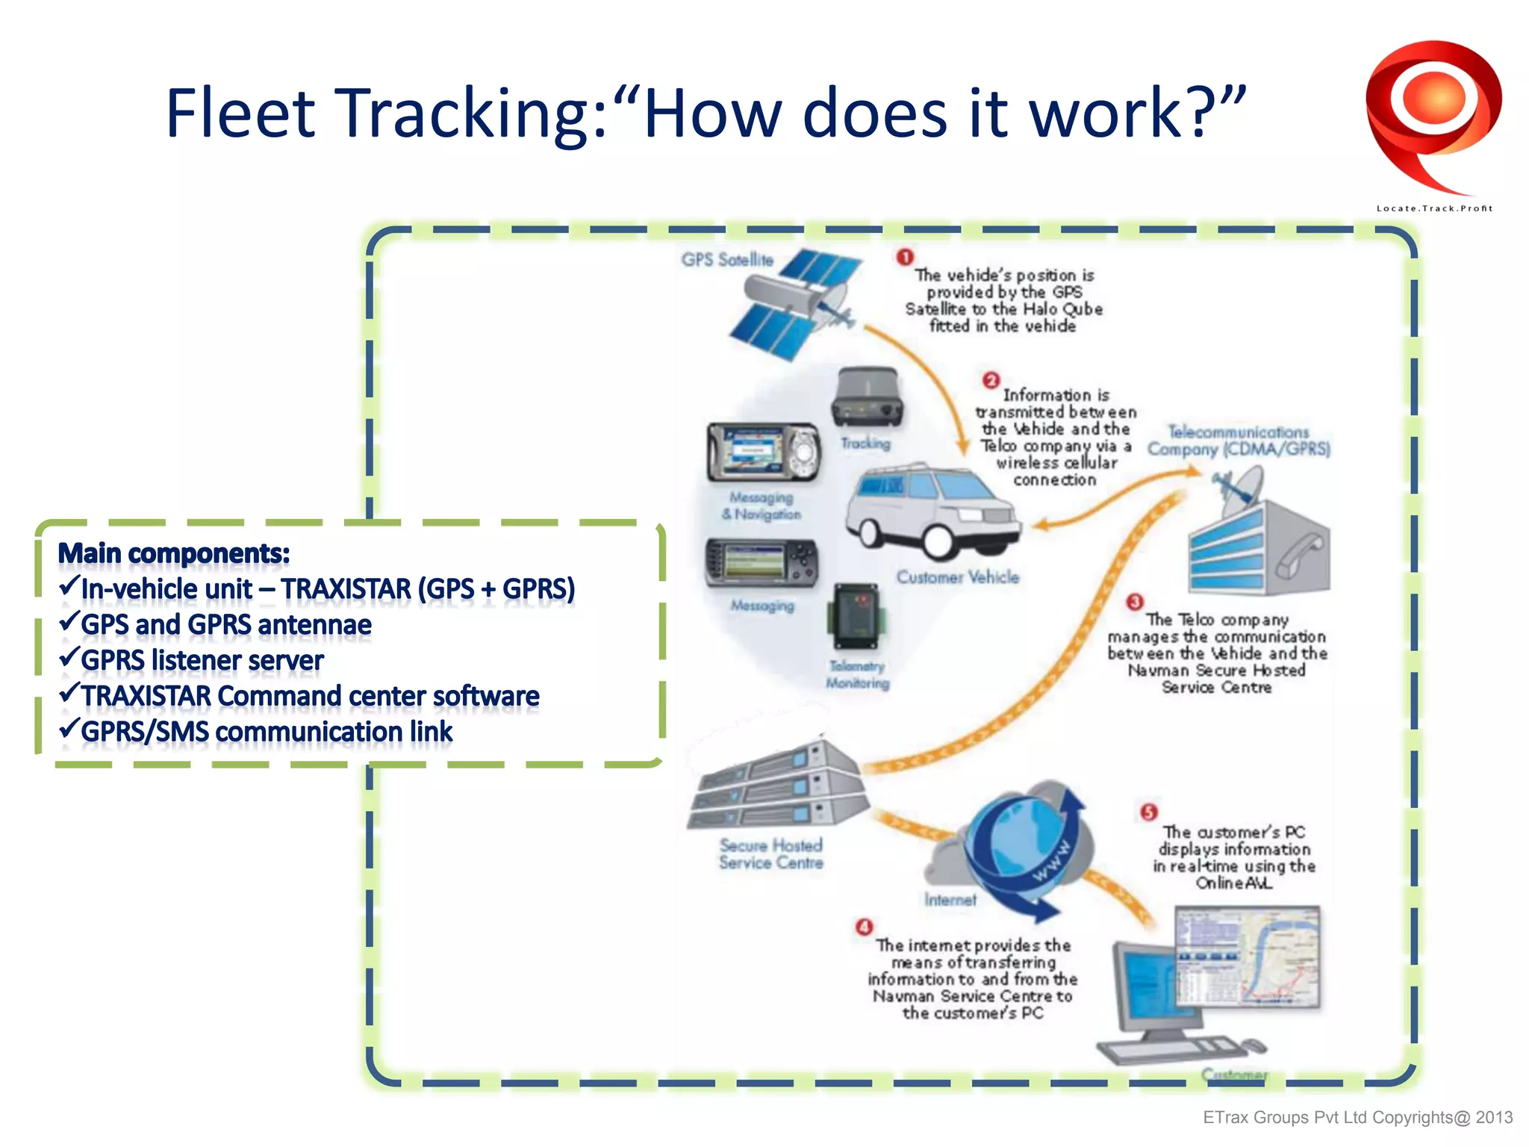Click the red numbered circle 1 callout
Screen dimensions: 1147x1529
point(905,258)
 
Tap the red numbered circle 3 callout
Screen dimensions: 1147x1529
point(1135,602)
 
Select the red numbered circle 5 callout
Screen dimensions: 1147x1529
point(1148,812)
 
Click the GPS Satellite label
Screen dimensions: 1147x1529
point(726,260)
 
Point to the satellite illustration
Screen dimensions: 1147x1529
point(795,302)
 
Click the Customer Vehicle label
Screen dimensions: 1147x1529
point(957,577)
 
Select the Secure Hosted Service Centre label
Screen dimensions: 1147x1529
point(770,854)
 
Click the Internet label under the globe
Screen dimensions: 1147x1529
point(950,900)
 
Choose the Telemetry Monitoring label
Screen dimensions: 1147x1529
point(857,674)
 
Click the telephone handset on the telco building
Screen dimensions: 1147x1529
point(1299,556)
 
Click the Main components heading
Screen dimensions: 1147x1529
point(174,553)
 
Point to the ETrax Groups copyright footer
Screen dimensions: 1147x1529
point(1357,1117)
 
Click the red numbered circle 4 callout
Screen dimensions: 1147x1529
point(864,927)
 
